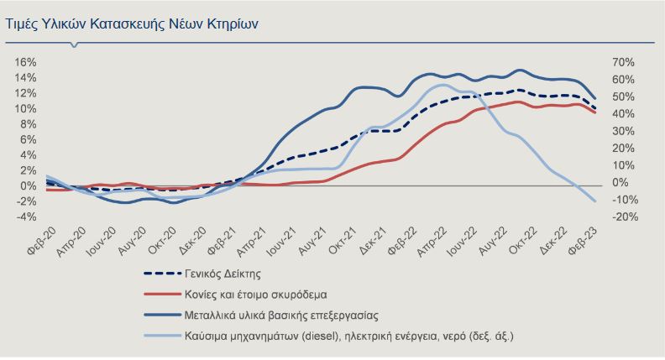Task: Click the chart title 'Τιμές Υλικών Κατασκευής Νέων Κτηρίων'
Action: coord(133,24)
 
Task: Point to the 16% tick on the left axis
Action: coord(25,63)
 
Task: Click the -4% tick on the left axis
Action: coord(25,217)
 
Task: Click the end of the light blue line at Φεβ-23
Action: coord(595,201)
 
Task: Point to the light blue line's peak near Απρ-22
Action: coord(444,85)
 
